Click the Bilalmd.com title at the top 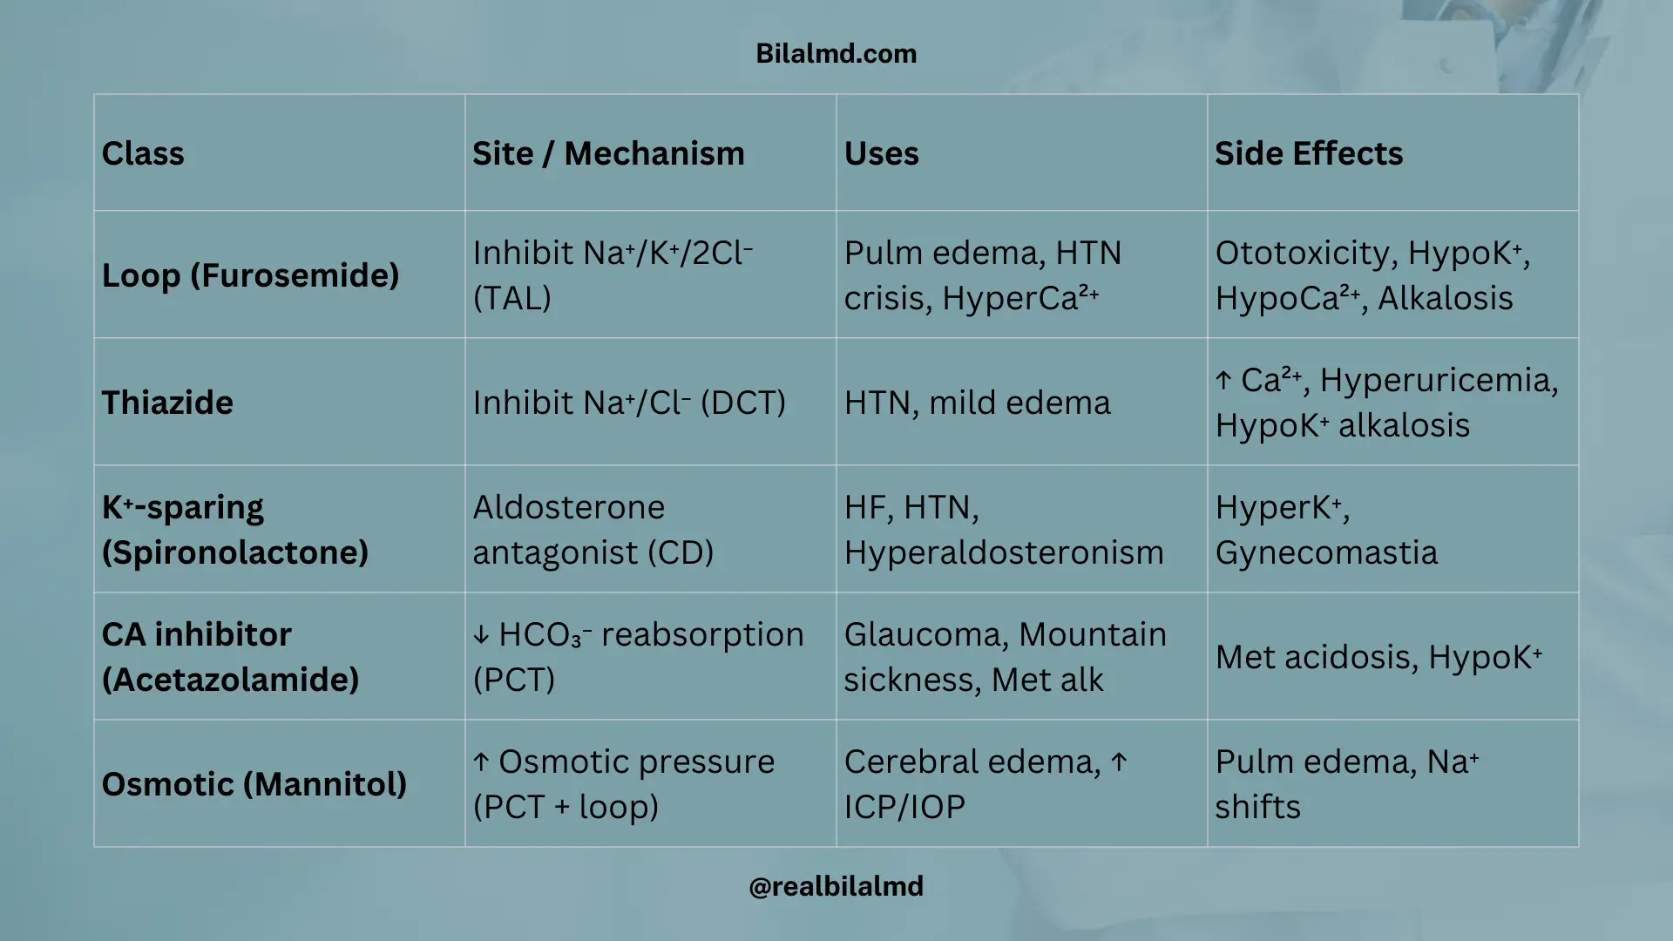pos(836,53)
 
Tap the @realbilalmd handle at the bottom pos(836,886)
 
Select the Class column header pos(143,153)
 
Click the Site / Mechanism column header pos(608,153)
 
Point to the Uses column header pos(881,153)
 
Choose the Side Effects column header pos(1309,153)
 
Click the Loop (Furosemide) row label pos(250,275)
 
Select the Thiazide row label pos(167,403)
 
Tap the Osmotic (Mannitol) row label pos(254,784)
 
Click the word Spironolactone pos(235,552)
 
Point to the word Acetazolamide pos(231,680)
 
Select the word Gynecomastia pos(1326,552)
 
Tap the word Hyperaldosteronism pos(1004,552)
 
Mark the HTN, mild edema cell pos(977,403)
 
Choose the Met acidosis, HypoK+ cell pos(1378,657)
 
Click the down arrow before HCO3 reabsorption pos(481,635)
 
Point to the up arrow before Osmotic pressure pos(481,762)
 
